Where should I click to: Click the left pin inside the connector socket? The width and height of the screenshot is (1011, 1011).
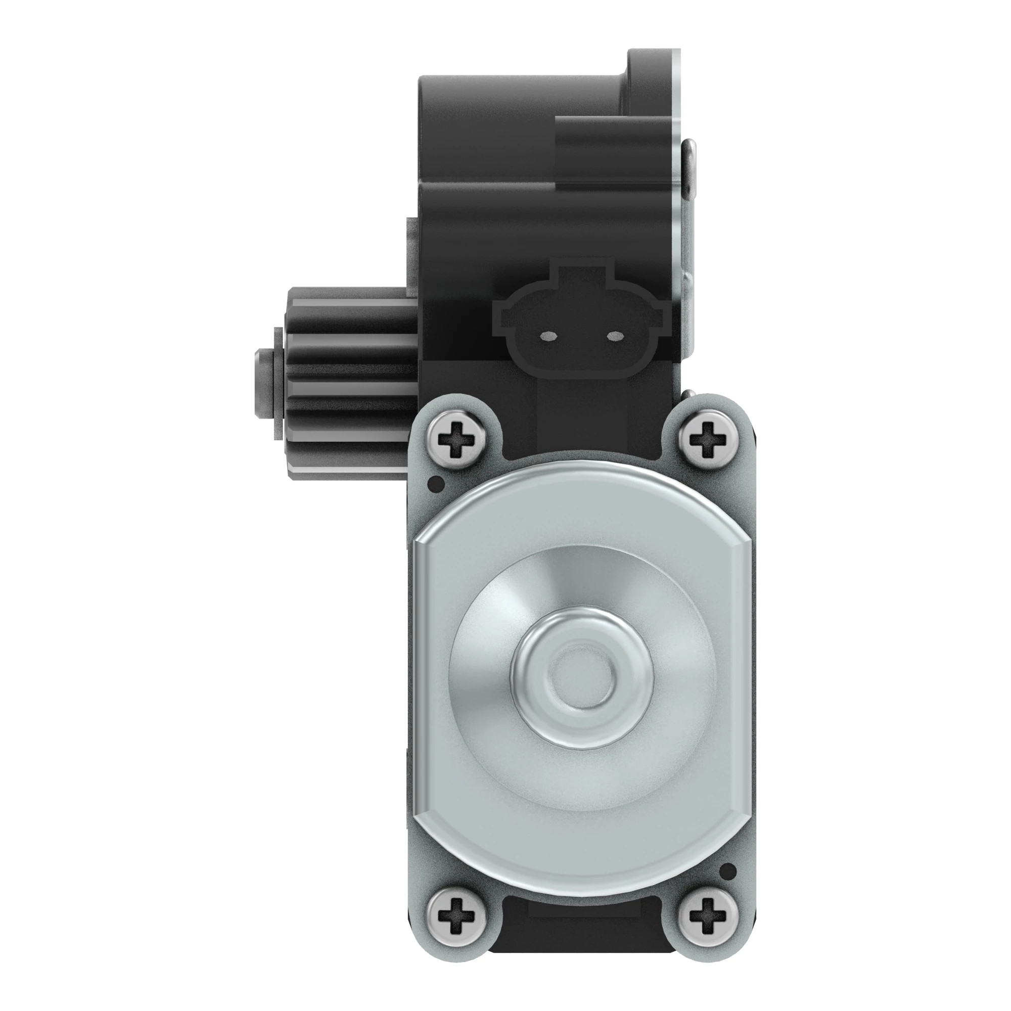click(x=548, y=335)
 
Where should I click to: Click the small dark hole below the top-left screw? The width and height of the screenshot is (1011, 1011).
click(x=435, y=483)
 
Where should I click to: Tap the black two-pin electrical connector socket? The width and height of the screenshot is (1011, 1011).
click(x=581, y=325)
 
